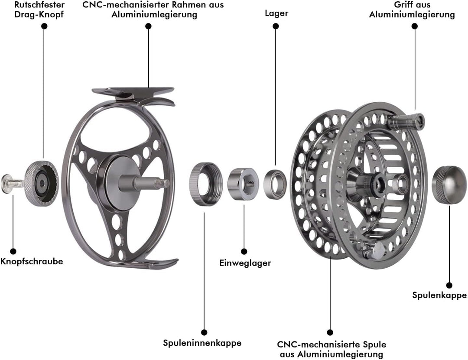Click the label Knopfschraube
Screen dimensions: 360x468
pyautogui.click(x=32, y=262)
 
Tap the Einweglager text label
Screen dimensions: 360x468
pyautogui.click(x=245, y=263)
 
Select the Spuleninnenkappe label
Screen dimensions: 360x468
pyautogui.click(x=202, y=343)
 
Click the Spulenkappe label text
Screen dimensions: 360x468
pyautogui.click(x=439, y=295)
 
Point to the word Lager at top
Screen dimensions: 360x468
pyautogui.click(x=276, y=13)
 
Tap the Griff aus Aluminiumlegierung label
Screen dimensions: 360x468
pyautogui.click(x=412, y=9)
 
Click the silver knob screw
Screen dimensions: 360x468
pyautogui.click(x=12, y=183)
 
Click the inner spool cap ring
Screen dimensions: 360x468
pyautogui.click(x=206, y=184)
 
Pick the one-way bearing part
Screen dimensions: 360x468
pyautogui.click(x=243, y=184)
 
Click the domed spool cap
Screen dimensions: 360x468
pyautogui.click(x=449, y=185)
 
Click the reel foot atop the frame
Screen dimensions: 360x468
pyautogui.click(x=133, y=92)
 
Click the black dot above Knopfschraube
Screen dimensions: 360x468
pyautogui.click(x=13, y=251)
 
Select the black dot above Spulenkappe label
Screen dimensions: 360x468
pyautogui.click(x=449, y=285)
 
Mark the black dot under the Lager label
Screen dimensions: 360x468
pyautogui.click(x=276, y=26)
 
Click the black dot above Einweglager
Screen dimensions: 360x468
pyautogui.click(x=244, y=251)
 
